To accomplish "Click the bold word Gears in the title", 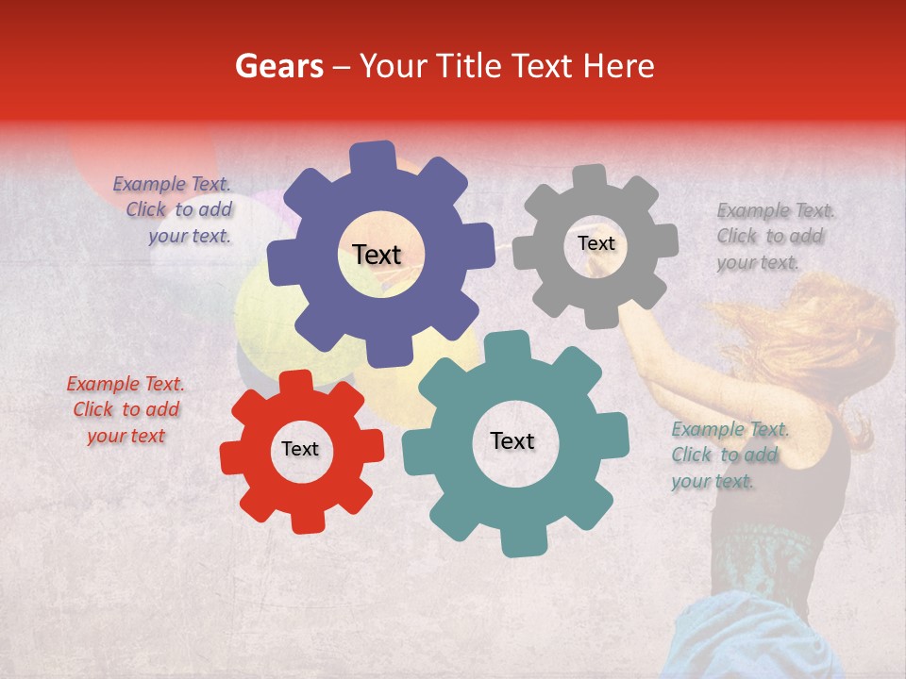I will pos(278,66).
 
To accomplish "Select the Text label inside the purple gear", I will pos(377,255).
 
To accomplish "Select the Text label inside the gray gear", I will pos(596,243).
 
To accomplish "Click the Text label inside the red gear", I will pos(300,449).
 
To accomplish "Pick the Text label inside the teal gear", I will pos(512,440).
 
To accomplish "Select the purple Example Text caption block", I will pos(176,210).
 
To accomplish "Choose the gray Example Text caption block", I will pos(775,236).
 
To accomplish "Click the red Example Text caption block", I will pos(126,409).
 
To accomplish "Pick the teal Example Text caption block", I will pos(729,455).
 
